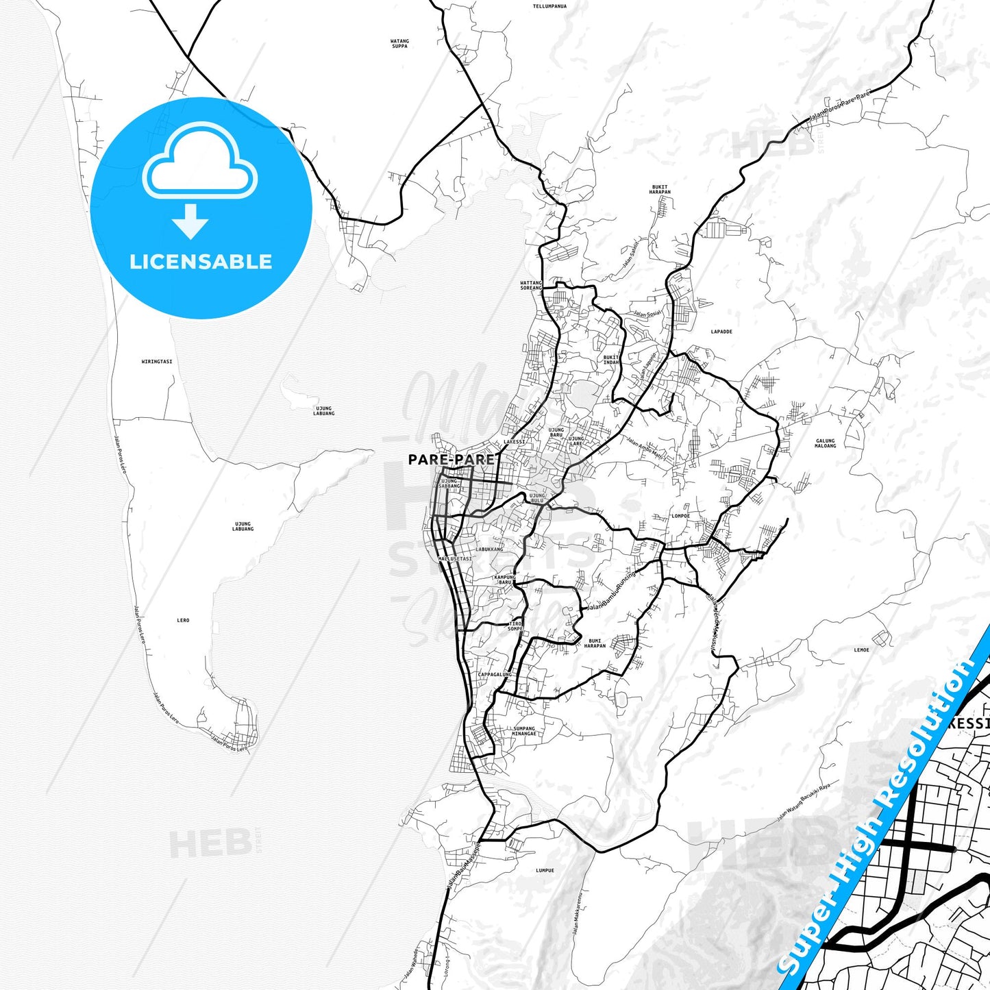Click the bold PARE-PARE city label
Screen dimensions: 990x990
coord(451,459)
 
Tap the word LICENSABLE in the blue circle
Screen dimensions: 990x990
coord(201,262)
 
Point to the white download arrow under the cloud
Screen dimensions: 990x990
coord(190,221)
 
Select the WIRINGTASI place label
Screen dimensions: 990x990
coord(156,361)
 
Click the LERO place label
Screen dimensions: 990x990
coord(183,620)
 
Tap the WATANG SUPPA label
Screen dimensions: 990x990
coord(399,44)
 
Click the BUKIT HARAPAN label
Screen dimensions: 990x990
coord(660,189)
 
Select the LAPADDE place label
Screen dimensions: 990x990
coord(721,332)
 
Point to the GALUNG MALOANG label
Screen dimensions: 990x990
coord(826,443)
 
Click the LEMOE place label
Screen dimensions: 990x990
coord(861,650)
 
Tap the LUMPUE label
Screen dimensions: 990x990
coord(545,871)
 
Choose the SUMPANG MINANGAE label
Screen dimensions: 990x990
coord(524,731)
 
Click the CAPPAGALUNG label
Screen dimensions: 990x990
coord(495,674)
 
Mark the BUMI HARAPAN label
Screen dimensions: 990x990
coord(595,643)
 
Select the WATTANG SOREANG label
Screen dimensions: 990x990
coord(530,285)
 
